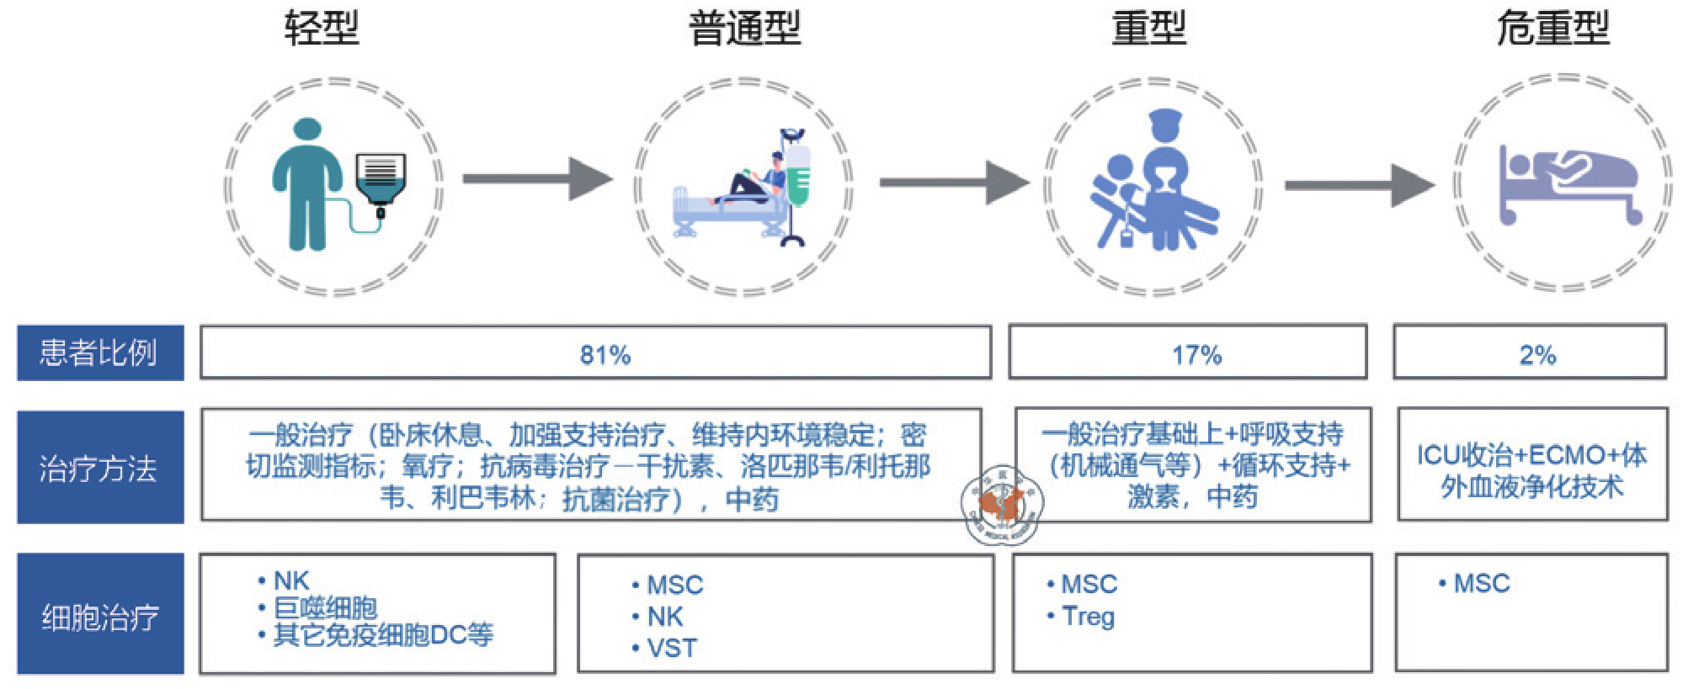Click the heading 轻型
tap(322, 28)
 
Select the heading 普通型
tap(744, 28)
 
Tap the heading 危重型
tap(1553, 28)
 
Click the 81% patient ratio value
tap(604, 355)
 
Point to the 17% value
tap(1196, 355)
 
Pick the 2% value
tap(1537, 355)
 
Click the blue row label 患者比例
tap(99, 352)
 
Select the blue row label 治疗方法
tap(99, 468)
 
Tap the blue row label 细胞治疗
tap(99, 617)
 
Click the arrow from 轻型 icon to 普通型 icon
tap(537, 178)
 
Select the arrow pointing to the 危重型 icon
tap(1359, 185)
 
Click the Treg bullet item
tap(1088, 617)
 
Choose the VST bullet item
tap(672, 649)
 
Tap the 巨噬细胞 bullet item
tap(325, 607)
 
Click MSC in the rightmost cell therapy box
tap(1482, 584)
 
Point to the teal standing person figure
tap(306, 185)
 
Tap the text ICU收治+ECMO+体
tap(1531, 455)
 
